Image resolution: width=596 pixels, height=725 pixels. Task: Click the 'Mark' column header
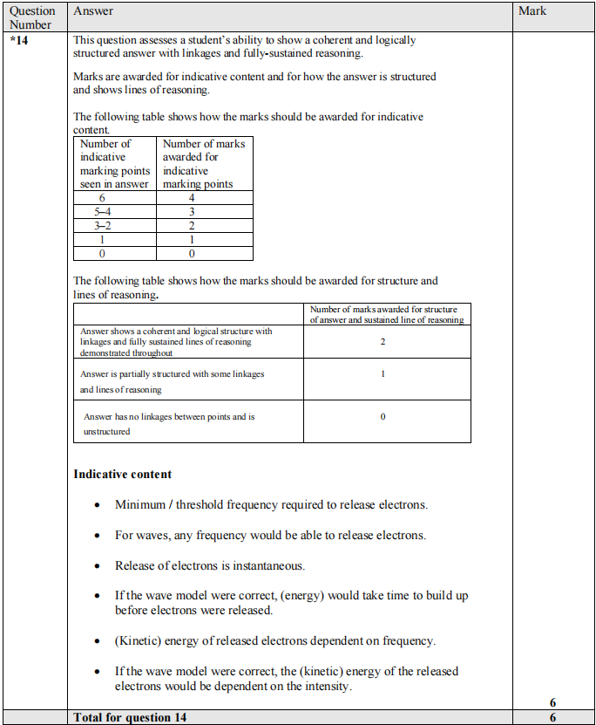532,10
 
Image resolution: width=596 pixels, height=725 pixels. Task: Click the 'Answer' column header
93,10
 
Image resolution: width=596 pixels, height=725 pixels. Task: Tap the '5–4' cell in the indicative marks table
103,211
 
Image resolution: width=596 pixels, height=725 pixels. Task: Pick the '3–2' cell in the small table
103,225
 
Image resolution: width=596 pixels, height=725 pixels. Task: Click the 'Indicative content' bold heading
122,474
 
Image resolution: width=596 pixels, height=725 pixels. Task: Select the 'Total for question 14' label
130,717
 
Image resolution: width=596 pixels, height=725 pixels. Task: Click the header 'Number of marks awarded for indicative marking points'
204,163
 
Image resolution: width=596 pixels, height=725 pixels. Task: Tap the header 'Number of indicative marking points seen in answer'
114,163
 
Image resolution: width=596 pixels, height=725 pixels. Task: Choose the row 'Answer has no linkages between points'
169,424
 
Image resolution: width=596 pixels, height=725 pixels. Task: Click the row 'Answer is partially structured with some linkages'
172,381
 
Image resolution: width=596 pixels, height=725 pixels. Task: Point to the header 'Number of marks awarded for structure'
387,314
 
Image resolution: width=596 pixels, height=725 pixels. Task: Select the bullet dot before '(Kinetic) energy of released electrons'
97,641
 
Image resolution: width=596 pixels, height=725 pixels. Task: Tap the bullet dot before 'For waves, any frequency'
97,536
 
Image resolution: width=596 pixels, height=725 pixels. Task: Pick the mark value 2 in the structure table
383,342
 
